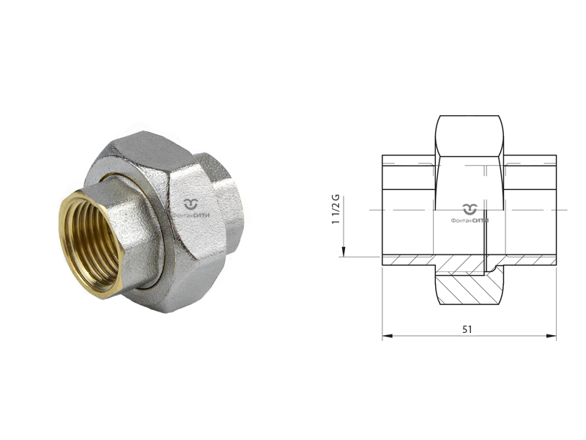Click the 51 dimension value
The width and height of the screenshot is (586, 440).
pos(467,329)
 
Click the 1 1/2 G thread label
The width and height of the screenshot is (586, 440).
pos(336,210)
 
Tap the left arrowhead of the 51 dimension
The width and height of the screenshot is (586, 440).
pos(387,336)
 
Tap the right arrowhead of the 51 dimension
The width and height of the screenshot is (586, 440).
pos(552,336)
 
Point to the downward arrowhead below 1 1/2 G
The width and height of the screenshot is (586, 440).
pos(344,252)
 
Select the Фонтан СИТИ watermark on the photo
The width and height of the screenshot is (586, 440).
pos(191,209)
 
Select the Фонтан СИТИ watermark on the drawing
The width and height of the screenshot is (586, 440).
pos(470,214)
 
